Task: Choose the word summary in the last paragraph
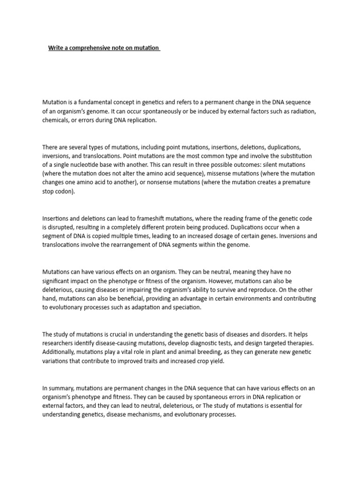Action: point(62,388)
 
